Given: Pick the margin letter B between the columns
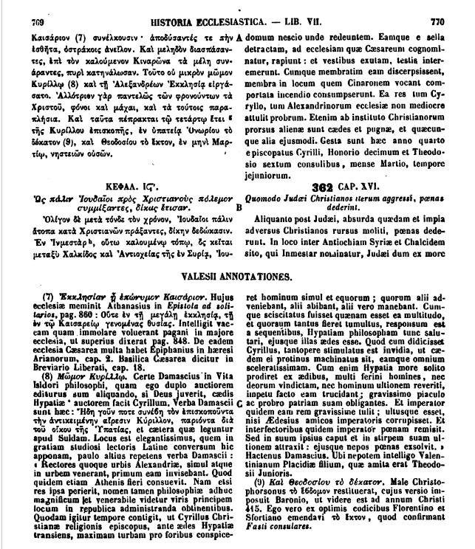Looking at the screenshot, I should point(238,208).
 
